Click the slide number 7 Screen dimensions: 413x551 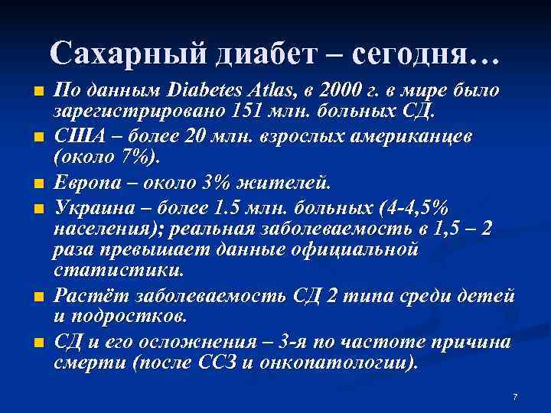click(515, 396)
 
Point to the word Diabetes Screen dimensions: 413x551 click(200, 91)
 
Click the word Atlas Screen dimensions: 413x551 click(269, 91)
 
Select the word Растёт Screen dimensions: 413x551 click(85, 296)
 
